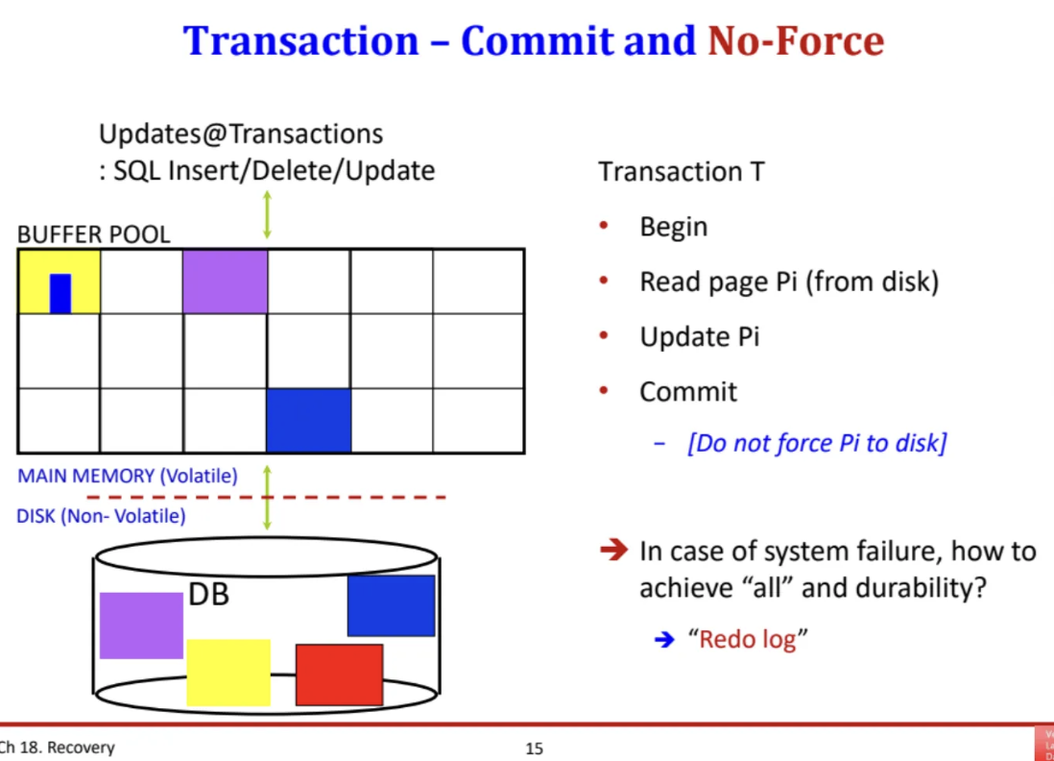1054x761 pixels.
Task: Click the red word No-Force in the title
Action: click(x=796, y=41)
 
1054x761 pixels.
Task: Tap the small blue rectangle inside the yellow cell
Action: click(x=60, y=293)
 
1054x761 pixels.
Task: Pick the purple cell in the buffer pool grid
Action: click(x=226, y=282)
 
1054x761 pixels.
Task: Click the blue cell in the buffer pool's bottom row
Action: click(x=308, y=420)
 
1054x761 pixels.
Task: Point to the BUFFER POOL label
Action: click(x=93, y=234)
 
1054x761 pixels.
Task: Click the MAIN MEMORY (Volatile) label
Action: click(x=128, y=476)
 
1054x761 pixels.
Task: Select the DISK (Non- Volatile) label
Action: click(x=101, y=516)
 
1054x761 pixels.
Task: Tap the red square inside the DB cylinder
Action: click(x=340, y=675)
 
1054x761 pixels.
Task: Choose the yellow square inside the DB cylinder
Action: click(x=228, y=673)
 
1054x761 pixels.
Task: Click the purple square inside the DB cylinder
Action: click(x=141, y=626)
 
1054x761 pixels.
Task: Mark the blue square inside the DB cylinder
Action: click(x=392, y=605)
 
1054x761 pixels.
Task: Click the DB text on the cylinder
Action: click(x=209, y=594)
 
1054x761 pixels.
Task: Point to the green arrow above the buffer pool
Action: click(x=267, y=214)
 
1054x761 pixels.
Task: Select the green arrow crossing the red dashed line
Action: click(x=267, y=497)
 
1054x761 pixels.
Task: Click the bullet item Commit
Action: click(x=688, y=392)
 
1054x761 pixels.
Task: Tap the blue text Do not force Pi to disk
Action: click(x=817, y=443)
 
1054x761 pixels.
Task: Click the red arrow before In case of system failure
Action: click(x=613, y=551)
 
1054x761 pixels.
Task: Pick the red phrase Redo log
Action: click(x=748, y=639)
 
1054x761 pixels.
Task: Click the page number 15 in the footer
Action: click(x=535, y=749)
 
